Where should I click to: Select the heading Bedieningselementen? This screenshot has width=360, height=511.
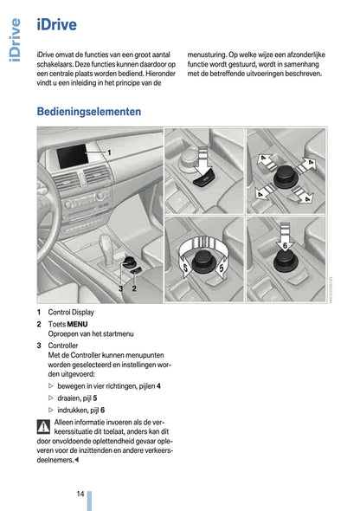click(89, 112)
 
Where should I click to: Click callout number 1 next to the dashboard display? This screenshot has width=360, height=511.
click(109, 152)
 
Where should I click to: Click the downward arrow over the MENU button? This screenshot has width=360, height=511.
click(204, 162)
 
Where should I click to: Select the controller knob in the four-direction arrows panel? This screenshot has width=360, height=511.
click(286, 178)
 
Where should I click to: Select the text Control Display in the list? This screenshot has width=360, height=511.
click(71, 312)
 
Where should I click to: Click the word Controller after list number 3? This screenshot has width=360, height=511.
click(63, 345)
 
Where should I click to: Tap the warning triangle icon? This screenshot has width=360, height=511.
click(43, 425)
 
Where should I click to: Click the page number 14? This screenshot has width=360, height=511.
click(79, 494)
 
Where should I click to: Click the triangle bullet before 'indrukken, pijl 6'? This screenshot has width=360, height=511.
click(50, 410)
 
